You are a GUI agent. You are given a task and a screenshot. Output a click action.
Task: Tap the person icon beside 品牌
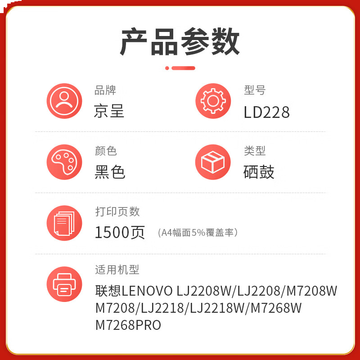tap(64, 101)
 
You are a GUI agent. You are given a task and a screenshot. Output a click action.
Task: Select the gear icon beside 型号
tap(213, 101)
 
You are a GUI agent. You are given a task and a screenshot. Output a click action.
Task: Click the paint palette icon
tap(64, 162)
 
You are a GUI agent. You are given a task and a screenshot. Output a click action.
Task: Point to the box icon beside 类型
tap(213, 162)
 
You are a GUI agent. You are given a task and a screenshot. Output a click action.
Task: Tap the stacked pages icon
tap(64, 223)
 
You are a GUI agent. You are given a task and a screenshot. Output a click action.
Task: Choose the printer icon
tap(64, 283)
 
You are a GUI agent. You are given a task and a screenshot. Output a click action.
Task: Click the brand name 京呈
tap(109, 111)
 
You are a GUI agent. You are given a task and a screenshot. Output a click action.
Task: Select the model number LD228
tap(266, 112)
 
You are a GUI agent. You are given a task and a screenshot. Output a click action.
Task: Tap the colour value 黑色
tap(110, 172)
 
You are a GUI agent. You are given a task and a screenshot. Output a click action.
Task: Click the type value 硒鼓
tap(259, 172)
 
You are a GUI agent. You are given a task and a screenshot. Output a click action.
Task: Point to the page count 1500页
tap(120, 232)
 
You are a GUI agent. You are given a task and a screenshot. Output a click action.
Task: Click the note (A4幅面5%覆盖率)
tap(198, 233)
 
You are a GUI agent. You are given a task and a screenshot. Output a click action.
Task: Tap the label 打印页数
tap(117, 211)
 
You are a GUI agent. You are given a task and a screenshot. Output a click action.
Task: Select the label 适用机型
tap(117, 270)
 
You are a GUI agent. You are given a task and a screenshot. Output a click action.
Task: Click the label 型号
tap(255, 90)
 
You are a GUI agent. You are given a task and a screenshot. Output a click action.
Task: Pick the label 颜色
tap(106, 151)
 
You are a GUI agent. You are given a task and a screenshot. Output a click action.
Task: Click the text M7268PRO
tap(128, 325)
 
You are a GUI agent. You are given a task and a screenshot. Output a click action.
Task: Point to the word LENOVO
tap(147, 291)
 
